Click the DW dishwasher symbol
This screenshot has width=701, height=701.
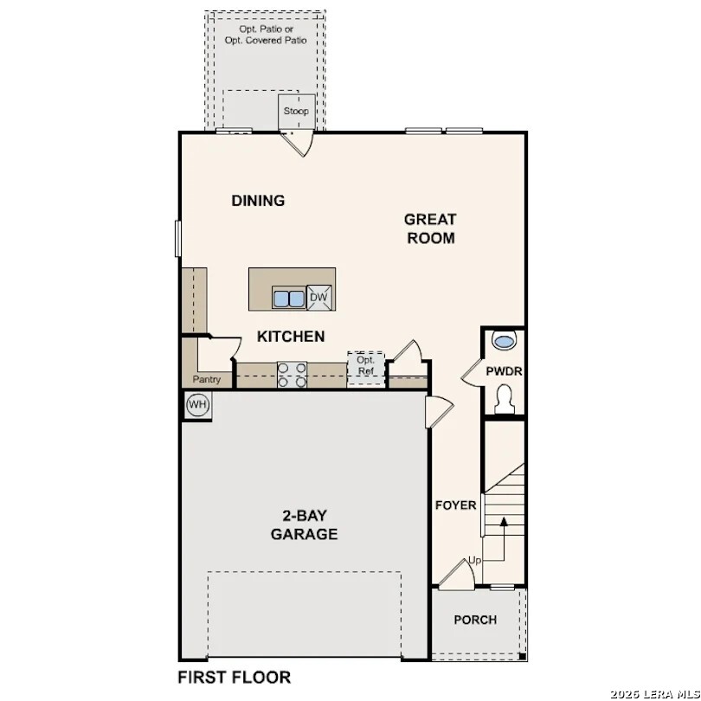pos(318,298)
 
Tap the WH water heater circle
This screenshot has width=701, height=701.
pos(197,404)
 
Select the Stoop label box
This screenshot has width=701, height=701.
pos(295,112)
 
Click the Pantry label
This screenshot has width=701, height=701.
pos(207,379)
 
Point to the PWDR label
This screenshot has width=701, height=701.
pos(504,371)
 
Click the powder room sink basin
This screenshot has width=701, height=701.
pos(504,340)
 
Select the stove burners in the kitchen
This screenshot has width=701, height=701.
pos(292,374)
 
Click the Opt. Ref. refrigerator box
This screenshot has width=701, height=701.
pos(365,365)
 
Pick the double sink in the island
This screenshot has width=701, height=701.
pos(289,299)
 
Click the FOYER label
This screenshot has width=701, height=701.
pos(455,505)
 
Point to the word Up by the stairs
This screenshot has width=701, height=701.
pos(474,561)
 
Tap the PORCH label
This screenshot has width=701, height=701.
pos(475,620)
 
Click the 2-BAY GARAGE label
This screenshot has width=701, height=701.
pos(304,524)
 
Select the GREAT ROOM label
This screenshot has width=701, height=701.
pos(430,228)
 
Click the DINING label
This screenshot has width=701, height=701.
pos(258,201)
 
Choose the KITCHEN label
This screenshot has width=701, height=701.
pos(291,336)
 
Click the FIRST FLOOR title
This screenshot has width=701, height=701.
pos(234,677)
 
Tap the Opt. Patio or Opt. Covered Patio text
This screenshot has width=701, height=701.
pos(266,35)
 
